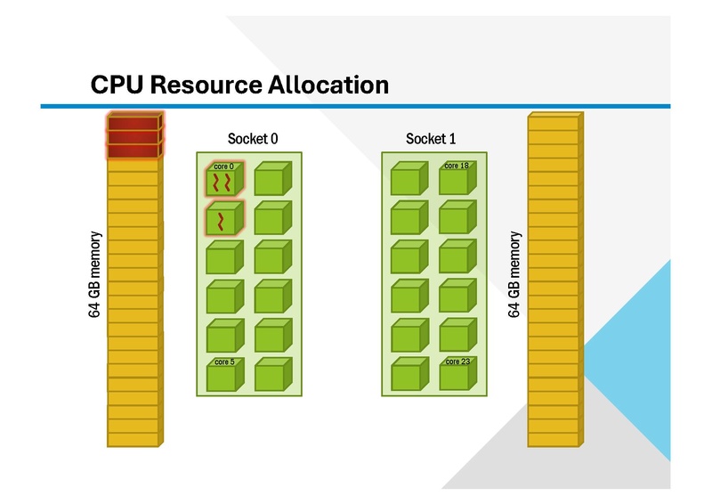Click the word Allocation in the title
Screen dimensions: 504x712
[x=328, y=85]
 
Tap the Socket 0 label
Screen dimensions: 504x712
[x=253, y=139]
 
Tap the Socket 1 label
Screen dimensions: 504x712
[x=431, y=139]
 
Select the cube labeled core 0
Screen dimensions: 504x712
[x=222, y=180]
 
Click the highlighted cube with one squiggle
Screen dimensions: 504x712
[x=222, y=219]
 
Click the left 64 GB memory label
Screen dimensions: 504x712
[x=96, y=275]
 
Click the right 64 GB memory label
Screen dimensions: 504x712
[x=514, y=275]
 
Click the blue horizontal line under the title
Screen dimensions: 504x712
[x=356, y=107]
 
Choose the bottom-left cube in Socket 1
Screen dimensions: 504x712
[x=409, y=375]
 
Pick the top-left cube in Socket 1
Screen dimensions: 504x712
[x=409, y=180]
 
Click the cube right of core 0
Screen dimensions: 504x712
[x=271, y=180]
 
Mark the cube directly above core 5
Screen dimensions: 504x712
[x=222, y=336]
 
